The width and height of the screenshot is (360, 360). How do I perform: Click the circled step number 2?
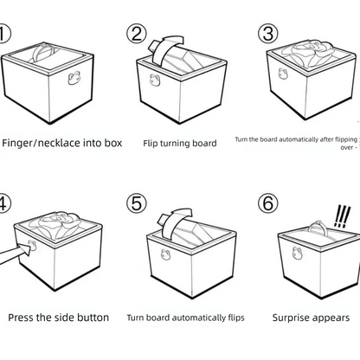pyautogui.click(x=137, y=34)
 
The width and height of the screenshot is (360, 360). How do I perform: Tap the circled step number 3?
pyautogui.click(x=269, y=34)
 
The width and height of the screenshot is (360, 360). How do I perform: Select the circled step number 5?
pyautogui.click(x=137, y=204)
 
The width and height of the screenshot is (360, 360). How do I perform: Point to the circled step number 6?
pyautogui.click(x=269, y=204)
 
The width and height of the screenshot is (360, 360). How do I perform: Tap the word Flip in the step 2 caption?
pyautogui.click(x=152, y=144)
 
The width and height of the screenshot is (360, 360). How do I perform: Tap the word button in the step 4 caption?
pyautogui.click(x=91, y=317)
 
